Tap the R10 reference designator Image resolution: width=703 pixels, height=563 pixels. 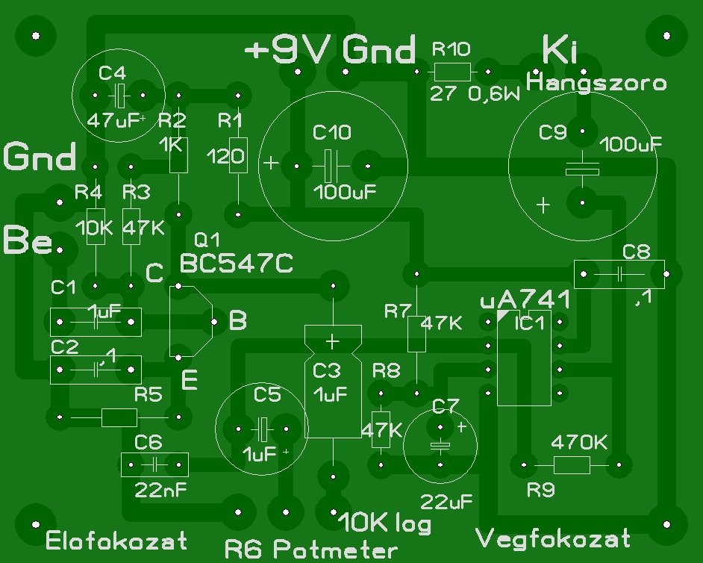click(x=452, y=49)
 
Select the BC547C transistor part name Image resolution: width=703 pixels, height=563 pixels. click(x=237, y=264)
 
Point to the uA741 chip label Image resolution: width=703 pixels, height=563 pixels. click(x=525, y=299)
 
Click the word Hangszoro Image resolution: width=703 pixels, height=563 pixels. click(x=596, y=83)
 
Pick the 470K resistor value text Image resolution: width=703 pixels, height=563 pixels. click(x=579, y=443)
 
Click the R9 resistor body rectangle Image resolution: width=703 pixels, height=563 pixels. click(x=572, y=464)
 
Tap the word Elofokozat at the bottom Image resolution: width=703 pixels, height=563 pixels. click(x=116, y=541)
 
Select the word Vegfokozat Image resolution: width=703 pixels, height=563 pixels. click(x=552, y=538)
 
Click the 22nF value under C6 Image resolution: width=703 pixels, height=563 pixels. click(x=160, y=491)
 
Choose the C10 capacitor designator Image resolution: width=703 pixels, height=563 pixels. click(x=332, y=132)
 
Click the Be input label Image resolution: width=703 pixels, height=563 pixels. click(x=28, y=240)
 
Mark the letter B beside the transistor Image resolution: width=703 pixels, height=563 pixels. click(x=237, y=321)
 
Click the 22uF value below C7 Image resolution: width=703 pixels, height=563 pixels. click(x=446, y=502)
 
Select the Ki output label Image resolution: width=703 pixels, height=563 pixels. click(x=560, y=50)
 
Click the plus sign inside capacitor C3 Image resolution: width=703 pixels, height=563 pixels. click(x=332, y=342)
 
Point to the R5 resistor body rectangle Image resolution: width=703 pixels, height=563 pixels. click(x=119, y=417)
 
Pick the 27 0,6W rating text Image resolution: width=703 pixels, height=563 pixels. click(x=475, y=94)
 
